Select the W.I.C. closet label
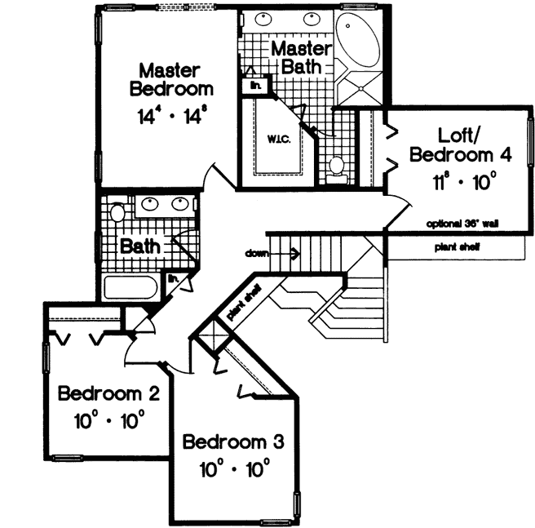click(x=275, y=139)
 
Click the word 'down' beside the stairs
click(x=256, y=254)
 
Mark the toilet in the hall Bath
click(x=117, y=215)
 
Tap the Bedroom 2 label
click(x=108, y=395)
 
